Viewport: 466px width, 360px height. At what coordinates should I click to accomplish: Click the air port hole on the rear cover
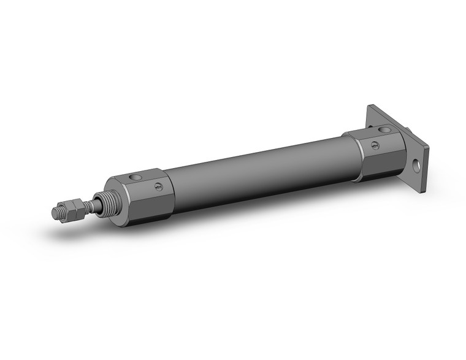384,130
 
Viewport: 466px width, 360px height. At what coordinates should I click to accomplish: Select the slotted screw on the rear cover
375,145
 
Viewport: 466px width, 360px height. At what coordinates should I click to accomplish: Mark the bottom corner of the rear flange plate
421,191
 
